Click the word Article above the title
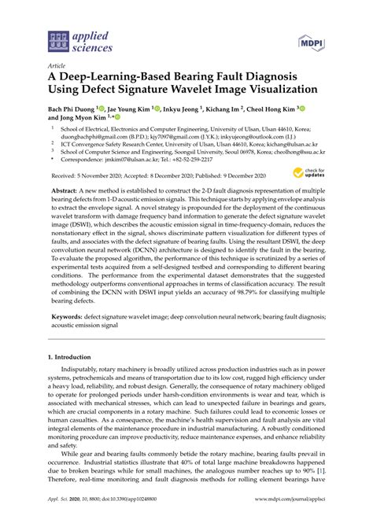(x=57, y=68)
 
